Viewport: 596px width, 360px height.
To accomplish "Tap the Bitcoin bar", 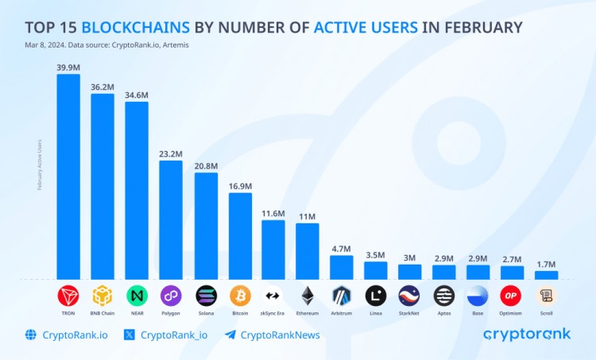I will pos(240,236).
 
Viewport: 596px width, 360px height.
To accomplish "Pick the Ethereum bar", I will pos(308,251).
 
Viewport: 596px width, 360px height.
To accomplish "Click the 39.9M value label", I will pos(68,68).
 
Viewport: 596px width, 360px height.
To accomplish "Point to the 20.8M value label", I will pos(206,166).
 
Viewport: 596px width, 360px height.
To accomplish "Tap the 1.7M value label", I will pos(547,265).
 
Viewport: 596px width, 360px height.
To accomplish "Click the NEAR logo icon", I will pos(137,296).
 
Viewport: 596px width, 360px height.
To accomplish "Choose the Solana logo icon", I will pos(206,296).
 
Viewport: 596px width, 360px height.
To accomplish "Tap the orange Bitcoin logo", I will pos(240,296).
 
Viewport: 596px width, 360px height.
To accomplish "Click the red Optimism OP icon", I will pos(512,296).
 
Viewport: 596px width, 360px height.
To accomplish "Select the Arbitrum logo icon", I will pos(342,296).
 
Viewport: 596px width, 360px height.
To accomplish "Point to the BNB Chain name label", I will pos(103,314).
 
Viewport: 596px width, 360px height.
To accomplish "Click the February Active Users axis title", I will pos(40,165).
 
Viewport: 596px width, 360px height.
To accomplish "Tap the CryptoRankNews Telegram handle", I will pos(280,335).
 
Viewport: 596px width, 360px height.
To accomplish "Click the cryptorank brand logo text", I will pos(526,335).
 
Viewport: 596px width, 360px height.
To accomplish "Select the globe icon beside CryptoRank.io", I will pos(31,335).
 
